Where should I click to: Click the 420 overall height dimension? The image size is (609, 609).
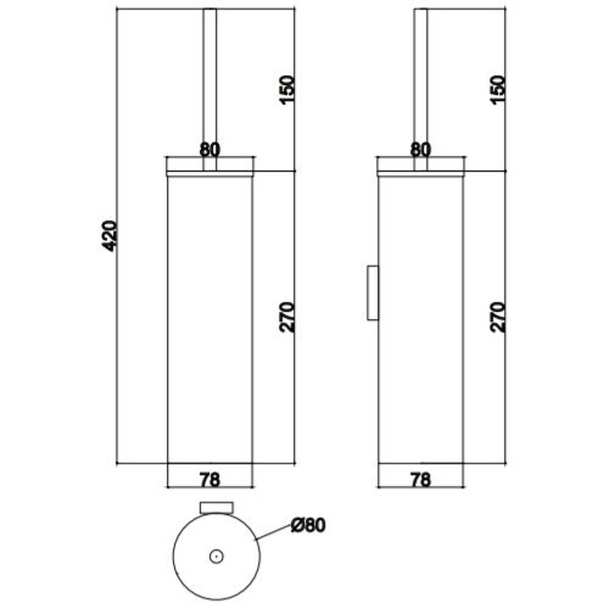(x=109, y=236)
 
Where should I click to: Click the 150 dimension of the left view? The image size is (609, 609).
(x=287, y=89)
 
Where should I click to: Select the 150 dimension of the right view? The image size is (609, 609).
(x=498, y=89)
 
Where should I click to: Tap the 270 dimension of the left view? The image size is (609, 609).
(x=287, y=317)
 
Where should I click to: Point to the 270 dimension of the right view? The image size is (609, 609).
(x=498, y=317)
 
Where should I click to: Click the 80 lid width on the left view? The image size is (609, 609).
(x=210, y=150)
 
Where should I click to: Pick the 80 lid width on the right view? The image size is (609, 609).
(x=421, y=150)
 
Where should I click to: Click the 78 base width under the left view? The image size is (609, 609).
(x=210, y=480)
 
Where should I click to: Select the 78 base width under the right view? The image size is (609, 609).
(x=421, y=480)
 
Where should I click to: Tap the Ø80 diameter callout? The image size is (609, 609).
(x=308, y=525)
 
